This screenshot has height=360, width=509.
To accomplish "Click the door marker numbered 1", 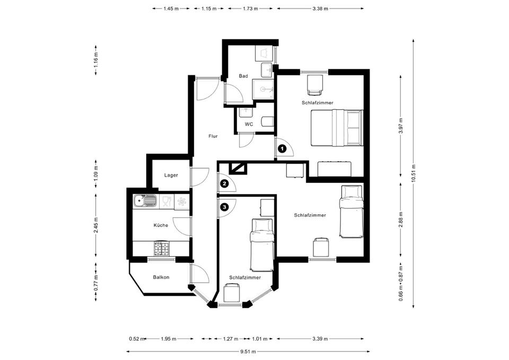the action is point(283,148).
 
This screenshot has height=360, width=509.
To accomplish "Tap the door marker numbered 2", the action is point(224,184).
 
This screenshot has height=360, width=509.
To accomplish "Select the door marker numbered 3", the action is point(224,206).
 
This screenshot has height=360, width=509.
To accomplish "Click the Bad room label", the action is point(243,76).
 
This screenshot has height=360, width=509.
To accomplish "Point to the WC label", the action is point(249,124).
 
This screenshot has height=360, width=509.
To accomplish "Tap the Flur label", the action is point(213,136).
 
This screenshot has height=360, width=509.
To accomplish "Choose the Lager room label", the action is point(171,175).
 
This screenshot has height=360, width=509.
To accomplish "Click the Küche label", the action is point(161,225).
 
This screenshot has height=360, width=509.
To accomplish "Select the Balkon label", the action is point(161,277).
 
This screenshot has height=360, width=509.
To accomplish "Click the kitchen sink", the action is point(145,201).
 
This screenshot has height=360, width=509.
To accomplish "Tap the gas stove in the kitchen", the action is point(161,248).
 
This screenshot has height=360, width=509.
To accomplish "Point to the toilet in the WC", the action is point(267,122).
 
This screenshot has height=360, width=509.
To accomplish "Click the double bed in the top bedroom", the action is point(337,128).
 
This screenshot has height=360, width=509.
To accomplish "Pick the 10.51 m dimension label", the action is point(413,173).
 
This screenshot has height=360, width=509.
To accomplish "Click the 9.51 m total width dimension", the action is point(248,352).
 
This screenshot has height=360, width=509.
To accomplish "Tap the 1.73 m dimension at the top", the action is point(250,9).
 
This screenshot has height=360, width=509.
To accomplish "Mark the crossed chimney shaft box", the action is point(239,169).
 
